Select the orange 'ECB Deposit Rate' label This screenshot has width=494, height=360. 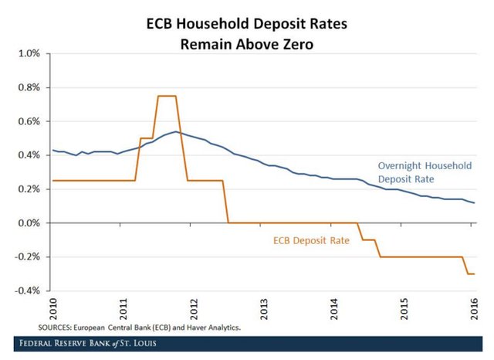pyautogui.click(x=312, y=240)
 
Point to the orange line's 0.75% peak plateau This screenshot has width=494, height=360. pyautogui.click(x=167, y=96)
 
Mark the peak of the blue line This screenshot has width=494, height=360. pyautogui.click(x=176, y=131)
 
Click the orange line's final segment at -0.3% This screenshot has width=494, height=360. pyautogui.click(x=469, y=273)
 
